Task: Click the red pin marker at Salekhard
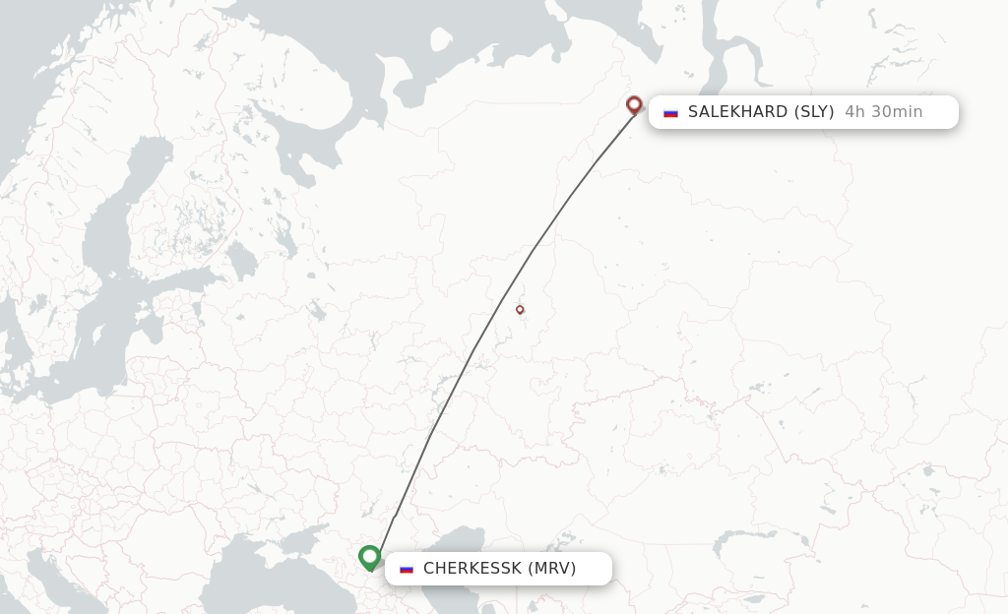click(634, 104)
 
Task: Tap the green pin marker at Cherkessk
click(370, 558)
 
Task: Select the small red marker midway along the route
click(520, 310)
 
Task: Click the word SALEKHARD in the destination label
click(738, 112)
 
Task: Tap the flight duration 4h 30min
click(883, 112)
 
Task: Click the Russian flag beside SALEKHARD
click(671, 112)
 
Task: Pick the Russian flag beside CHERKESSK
click(407, 569)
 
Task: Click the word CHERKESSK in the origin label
click(472, 569)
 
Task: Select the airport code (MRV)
click(552, 569)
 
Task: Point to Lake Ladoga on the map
click(242, 260)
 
